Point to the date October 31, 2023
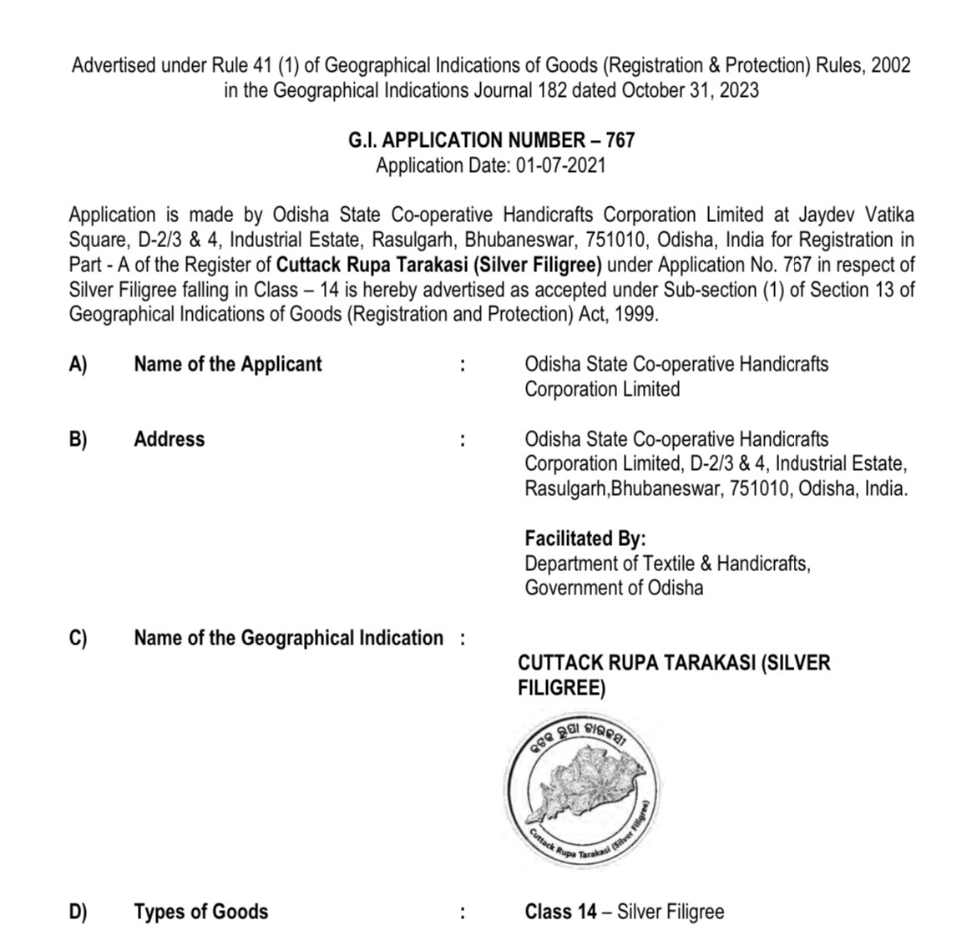click(x=690, y=89)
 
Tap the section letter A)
click(x=78, y=364)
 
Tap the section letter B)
click(x=78, y=439)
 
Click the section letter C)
click(x=78, y=638)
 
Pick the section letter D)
click(x=78, y=911)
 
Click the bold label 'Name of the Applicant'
click(x=227, y=364)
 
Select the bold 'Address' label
click(x=169, y=439)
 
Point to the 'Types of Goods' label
click(x=200, y=911)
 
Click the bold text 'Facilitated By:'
click(x=585, y=538)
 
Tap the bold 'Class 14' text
click(x=560, y=911)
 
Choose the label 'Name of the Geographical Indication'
click(x=288, y=638)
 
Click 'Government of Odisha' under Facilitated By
click(x=614, y=588)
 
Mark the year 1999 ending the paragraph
click(x=640, y=315)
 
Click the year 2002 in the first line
click(x=891, y=64)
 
